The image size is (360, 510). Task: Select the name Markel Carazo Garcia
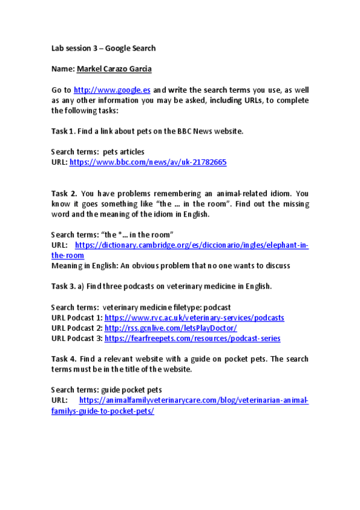(x=114, y=69)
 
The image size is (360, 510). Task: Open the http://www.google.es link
(x=112, y=90)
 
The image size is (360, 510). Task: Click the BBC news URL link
(x=148, y=162)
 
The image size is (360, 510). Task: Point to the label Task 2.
(x=64, y=194)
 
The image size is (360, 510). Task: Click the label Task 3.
(x=63, y=286)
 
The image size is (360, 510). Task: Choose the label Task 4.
(x=64, y=358)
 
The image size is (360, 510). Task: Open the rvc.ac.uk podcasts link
(x=194, y=318)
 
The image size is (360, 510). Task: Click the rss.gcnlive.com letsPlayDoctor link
(x=171, y=328)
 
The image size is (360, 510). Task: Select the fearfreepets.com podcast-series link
(x=192, y=339)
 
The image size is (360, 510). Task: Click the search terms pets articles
(x=123, y=152)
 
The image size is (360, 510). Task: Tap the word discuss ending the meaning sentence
(x=276, y=265)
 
